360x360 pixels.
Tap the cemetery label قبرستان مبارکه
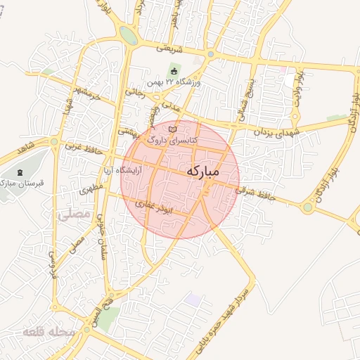tap(22, 183)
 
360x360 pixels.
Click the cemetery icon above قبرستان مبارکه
tap(21, 172)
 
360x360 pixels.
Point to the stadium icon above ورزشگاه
tap(174, 71)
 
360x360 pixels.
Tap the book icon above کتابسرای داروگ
tap(174, 130)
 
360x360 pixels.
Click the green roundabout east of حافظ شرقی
tap(307, 207)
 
